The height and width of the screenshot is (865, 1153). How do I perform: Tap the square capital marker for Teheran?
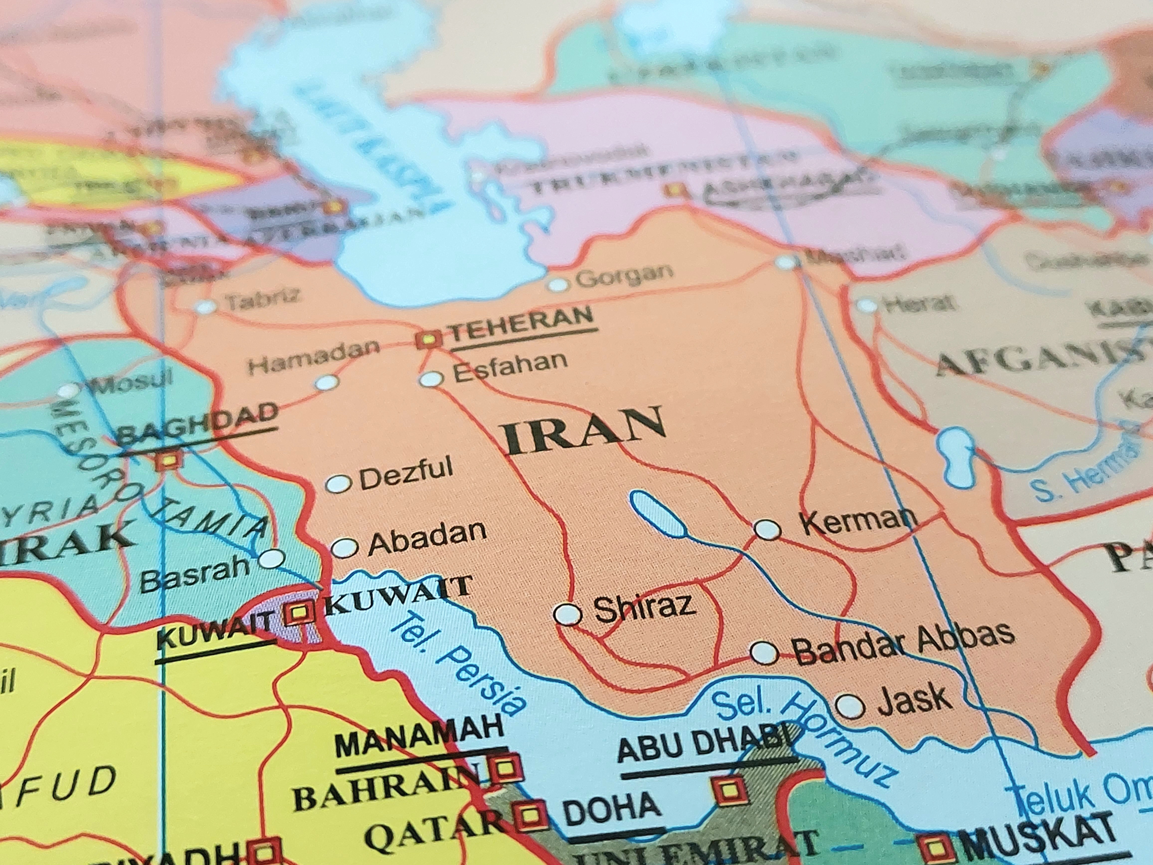(428, 340)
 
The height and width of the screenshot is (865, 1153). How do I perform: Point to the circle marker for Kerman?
(768, 530)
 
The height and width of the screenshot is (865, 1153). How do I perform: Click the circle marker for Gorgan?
(558, 285)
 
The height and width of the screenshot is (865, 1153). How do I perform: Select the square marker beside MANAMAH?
(504, 767)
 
